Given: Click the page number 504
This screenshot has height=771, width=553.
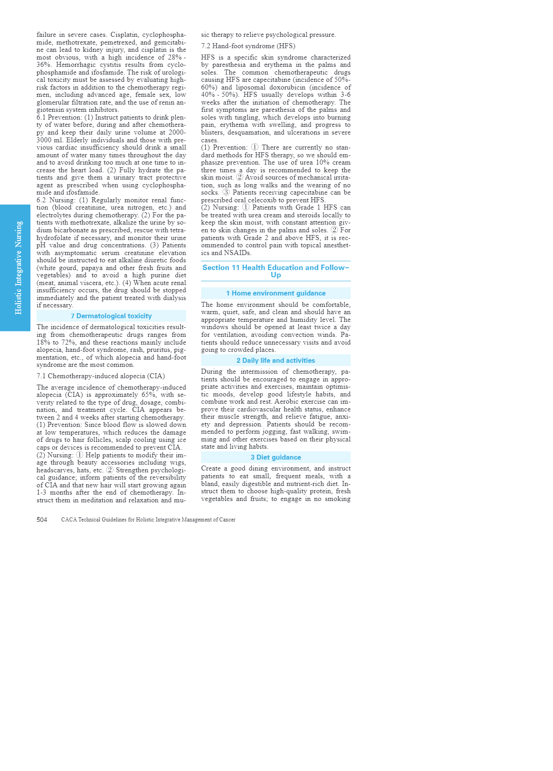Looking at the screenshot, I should click(42, 520).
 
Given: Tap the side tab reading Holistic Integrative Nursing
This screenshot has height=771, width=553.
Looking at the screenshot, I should click(18, 268).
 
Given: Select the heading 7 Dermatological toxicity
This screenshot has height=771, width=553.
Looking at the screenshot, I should click(111, 316).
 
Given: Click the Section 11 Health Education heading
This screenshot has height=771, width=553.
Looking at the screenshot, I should click(276, 271).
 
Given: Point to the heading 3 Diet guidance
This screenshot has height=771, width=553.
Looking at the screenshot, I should click(276, 457).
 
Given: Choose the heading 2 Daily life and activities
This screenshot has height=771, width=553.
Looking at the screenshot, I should click(276, 360).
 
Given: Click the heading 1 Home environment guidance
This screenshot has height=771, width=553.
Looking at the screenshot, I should click(276, 293).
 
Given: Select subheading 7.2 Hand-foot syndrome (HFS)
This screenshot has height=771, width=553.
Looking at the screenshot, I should click(248, 46).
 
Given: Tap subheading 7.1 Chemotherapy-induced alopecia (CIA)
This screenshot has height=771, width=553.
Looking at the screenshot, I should click(101, 376).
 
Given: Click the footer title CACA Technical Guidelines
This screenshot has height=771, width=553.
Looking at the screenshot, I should click(148, 520).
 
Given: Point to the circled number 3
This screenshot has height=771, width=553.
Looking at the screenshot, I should click(226, 192).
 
